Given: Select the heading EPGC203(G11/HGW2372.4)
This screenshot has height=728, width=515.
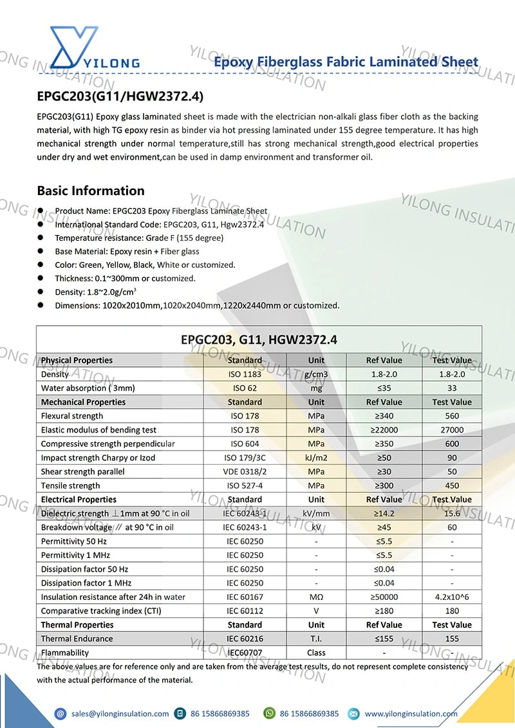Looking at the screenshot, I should pyautogui.click(x=120, y=97).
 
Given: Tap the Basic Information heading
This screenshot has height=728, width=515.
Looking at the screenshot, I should pyautogui.click(x=91, y=191).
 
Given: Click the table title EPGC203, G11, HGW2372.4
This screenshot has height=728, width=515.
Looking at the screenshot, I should pyautogui.click(x=259, y=339).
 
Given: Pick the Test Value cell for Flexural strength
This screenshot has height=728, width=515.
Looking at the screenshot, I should pyautogui.click(x=452, y=416).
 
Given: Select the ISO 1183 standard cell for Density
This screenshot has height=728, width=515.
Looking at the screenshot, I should pyautogui.click(x=245, y=374).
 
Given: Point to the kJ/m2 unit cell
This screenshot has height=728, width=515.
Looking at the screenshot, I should pyautogui.click(x=316, y=458).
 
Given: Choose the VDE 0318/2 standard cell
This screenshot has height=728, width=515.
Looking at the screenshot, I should pyautogui.click(x=245, y=472).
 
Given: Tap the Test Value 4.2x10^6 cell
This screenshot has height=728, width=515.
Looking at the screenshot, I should pyautogui.click(x=452, y=597).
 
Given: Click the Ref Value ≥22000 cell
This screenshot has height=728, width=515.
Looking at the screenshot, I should pyautogui.click(x=384, y=430).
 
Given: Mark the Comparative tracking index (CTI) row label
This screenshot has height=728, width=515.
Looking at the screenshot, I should pyautogui.click(x=101, y=611).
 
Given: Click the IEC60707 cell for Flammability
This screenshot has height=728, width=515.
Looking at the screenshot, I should pyautogui.click(x=245, y=653).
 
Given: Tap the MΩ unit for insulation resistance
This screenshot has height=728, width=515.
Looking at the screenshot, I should pyautogui.click(x=316, y=597).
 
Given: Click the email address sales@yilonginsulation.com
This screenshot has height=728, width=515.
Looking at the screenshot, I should pyautogui.click(x=120, y=713).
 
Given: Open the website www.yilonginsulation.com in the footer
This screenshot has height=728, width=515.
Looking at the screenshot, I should pyautogui.click(x=411, y=713).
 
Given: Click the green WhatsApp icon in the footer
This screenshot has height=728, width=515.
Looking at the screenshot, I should pyautogui.click(x=269, y=713).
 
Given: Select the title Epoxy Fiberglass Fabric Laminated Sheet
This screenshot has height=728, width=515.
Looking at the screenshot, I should pyautogui.click(x=346, y=62).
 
